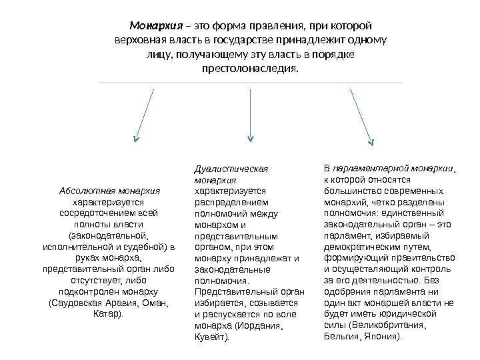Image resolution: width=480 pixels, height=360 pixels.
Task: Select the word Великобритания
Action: [x=393, y=327]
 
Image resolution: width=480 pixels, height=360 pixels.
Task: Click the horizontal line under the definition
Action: [x=250, y=83]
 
